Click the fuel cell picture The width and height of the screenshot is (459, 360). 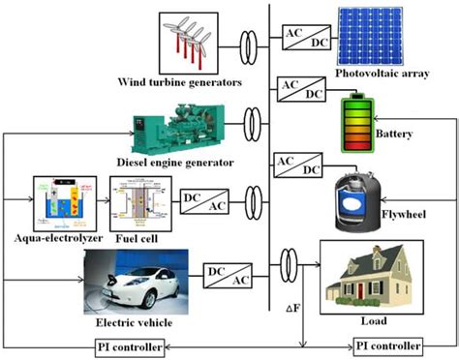140,203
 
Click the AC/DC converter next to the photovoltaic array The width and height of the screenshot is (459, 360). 304,39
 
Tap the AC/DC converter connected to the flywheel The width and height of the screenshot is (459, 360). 298,164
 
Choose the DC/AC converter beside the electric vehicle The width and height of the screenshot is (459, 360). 227,275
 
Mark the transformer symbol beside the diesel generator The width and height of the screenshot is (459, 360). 254,123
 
